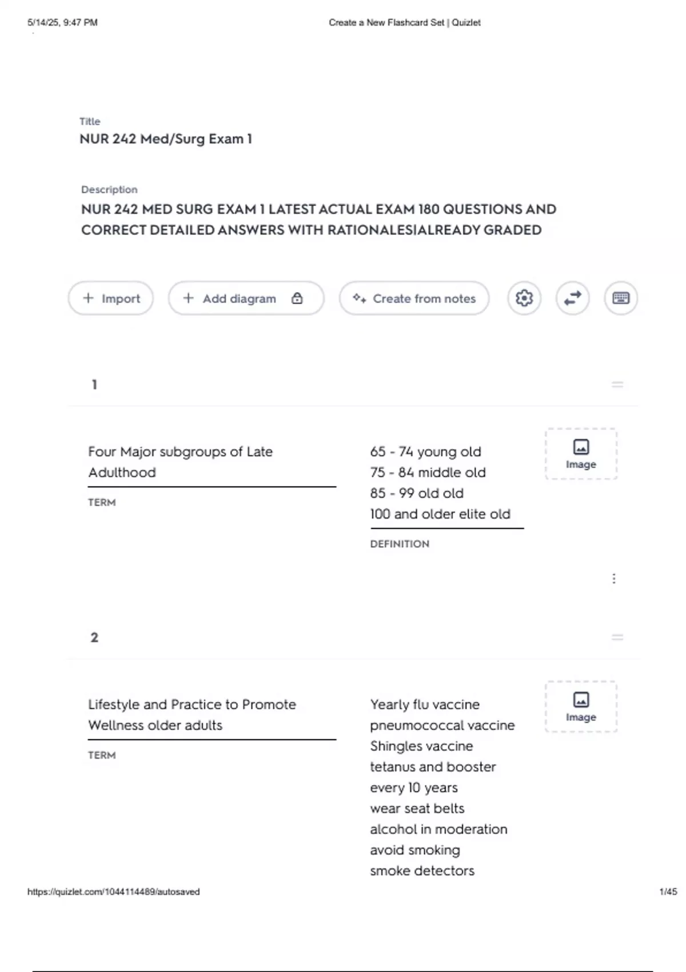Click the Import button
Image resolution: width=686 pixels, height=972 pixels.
tap(111, 298)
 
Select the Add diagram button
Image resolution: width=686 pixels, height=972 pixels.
tap(239, 298)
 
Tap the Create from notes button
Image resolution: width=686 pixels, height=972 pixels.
tap(414, 298)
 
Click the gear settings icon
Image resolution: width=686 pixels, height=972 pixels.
tap(524, 298)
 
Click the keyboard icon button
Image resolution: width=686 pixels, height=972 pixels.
tap(621, 298)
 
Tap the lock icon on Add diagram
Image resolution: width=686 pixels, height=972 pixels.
tap(297, 298)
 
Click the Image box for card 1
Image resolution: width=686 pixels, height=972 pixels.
tap(581, 454)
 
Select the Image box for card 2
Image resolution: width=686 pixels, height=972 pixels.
tap(581, 707)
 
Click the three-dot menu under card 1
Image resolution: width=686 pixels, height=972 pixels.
tap(614, 579)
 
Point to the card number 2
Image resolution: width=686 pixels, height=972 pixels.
tap(94, 638)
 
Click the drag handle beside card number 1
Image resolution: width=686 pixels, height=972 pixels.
tap(617, 385)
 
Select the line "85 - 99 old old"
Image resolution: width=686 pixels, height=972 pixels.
tap(417, 493)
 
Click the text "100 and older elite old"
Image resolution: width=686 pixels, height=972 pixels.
tap(440, 514)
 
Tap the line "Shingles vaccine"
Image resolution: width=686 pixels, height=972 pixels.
tap(421, 746)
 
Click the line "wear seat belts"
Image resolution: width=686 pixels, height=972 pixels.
tap(417, 808)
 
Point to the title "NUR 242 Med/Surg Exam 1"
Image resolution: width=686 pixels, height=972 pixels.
tap(166, 139)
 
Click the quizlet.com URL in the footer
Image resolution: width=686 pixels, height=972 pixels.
tap(114, 891)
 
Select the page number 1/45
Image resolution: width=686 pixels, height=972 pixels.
tap(668, 891)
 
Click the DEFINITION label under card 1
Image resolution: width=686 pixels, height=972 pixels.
tap(400, 544)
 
